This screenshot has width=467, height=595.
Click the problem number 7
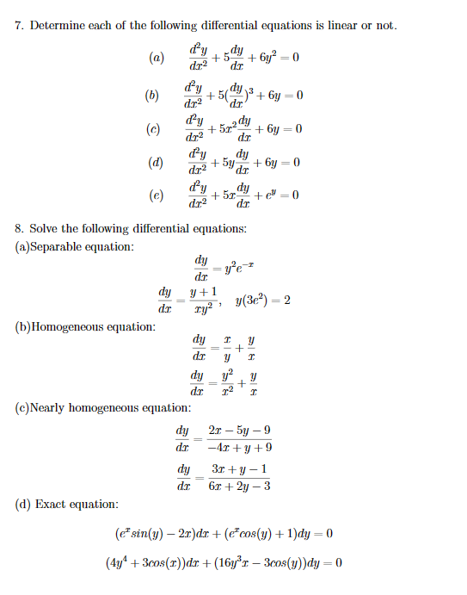19,26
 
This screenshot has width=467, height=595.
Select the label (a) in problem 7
157,59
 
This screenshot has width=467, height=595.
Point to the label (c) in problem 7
157,129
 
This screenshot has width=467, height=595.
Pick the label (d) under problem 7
157,162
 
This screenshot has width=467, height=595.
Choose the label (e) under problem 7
157,195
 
